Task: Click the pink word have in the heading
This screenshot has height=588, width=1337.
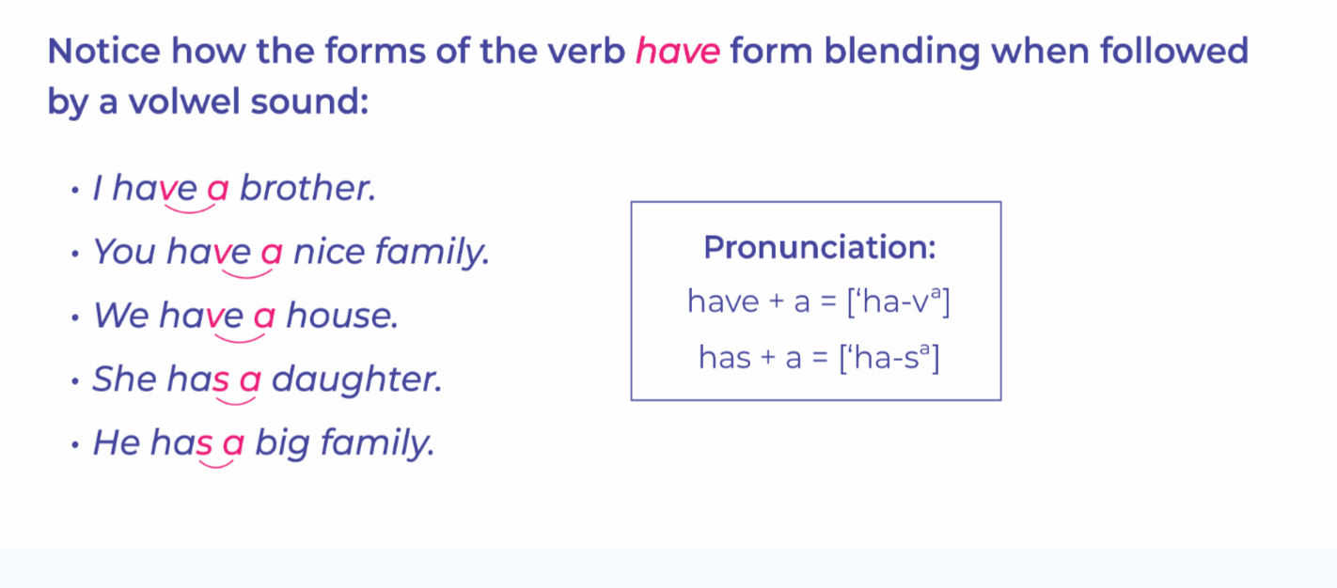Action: tap(678, 51)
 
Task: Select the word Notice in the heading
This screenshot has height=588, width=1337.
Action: tap(103, 51)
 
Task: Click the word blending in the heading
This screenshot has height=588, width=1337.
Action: tap(902, 53)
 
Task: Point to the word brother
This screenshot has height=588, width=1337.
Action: tap(307, 188)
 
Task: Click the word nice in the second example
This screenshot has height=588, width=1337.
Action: tap(329, 252)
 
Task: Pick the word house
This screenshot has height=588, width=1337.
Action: tap(342, 315)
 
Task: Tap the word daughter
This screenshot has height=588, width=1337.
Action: tap(357, 379)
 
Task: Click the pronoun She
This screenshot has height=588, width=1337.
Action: tap(124, 379)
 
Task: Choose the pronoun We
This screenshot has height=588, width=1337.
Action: tap(121, 315)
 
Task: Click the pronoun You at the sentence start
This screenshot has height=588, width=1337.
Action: tap(124, 252)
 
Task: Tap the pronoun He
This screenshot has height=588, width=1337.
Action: tap(117, 442)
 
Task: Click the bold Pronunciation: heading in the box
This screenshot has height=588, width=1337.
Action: tap(820, 247)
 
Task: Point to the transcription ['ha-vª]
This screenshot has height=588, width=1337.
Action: tap(898, 302)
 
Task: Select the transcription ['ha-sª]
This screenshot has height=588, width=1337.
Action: tap(889, 358)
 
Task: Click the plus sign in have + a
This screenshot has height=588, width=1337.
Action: tap(776, 302)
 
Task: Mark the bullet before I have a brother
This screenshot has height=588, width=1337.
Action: tap(74, 191)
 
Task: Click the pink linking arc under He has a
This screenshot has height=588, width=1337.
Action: tap(215, 465)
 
